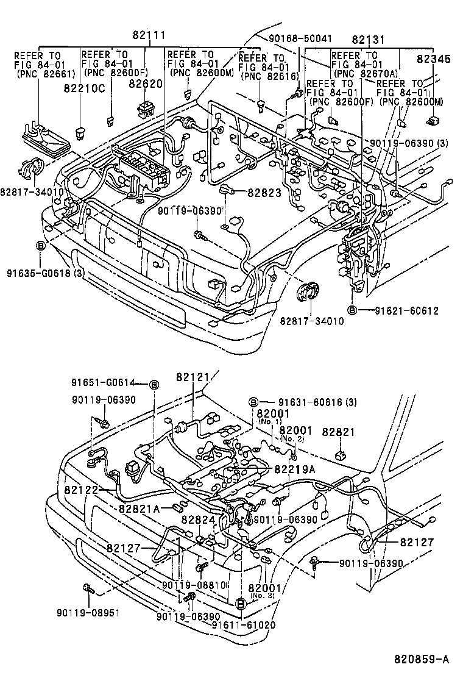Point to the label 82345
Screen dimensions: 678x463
click(434, 59)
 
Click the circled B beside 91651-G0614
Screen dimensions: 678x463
click(154, 384)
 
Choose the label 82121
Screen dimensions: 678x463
click(193, 377)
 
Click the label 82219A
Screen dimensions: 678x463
click(295, 469)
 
